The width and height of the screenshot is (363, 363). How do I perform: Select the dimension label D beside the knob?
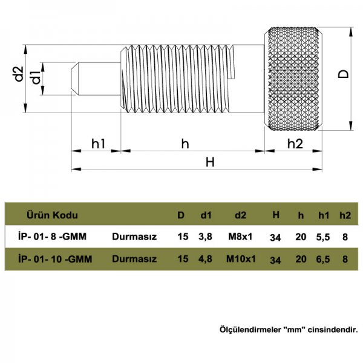tap(343, 74)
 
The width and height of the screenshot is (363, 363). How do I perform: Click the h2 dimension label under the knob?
tap(295, 143)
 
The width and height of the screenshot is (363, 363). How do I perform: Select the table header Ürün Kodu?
tap(53, 215)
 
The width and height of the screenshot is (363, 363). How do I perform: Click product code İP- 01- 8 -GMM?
tap(56, 237)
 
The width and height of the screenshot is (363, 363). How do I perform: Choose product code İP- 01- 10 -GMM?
tap(56, 259)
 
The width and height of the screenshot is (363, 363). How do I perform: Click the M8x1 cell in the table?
tap(240, 237)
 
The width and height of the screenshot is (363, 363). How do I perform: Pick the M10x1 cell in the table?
tap(241, 259)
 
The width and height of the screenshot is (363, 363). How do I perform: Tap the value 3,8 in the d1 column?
tap(206, 237)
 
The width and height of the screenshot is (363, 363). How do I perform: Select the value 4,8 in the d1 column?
tap(206, 259)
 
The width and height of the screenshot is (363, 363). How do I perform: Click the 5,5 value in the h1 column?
tap(324, 237)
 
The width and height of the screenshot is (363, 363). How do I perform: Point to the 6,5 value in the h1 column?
tap(324, 259)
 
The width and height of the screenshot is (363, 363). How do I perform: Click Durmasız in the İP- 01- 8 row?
tap(134, 237)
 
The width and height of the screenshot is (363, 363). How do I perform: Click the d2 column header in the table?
tap(240, 215)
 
